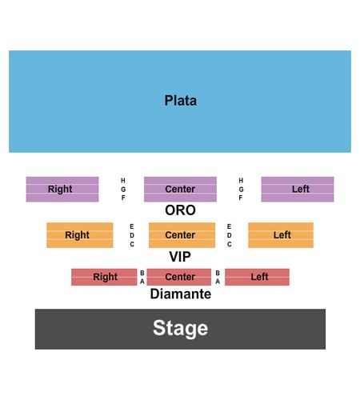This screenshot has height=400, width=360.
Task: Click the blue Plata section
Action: click(x=180, y=102)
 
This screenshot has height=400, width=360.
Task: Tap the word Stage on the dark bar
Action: click(x=181, y=329)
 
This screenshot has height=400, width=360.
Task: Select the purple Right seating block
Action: click(x=62, y=189)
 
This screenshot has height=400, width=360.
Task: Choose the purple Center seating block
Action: click(x=180, y=189)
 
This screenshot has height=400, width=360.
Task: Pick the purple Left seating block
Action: click(x=298, y=189)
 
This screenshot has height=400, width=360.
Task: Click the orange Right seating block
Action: click(x=80, y=235)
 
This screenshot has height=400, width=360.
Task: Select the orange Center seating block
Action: click(x=182, y=235)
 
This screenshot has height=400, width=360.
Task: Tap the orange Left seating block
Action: click(x=281, y=235)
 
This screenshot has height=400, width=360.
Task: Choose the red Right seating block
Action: click(x=104, y=277)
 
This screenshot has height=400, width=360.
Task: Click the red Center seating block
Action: click(x=179, y=277)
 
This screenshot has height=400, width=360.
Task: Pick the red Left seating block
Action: click(x=257, y=277)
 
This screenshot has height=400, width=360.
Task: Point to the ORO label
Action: click(x=181, y=210)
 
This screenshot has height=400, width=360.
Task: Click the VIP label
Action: click(x=180, y=257)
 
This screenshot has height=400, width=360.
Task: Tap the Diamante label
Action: click(x=181, y=294)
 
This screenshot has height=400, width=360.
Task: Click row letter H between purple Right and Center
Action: click(x=123, y=181)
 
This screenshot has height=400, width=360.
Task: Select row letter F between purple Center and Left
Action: click(x=241, y=198)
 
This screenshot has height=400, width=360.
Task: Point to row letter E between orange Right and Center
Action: click(x=132, y=226)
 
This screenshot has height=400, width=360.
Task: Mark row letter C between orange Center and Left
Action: click(x=230, y=244)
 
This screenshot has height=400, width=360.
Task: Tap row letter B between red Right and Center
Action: click(x=142, y=273)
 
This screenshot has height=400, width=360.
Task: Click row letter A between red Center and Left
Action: click(x=218, y=282)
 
